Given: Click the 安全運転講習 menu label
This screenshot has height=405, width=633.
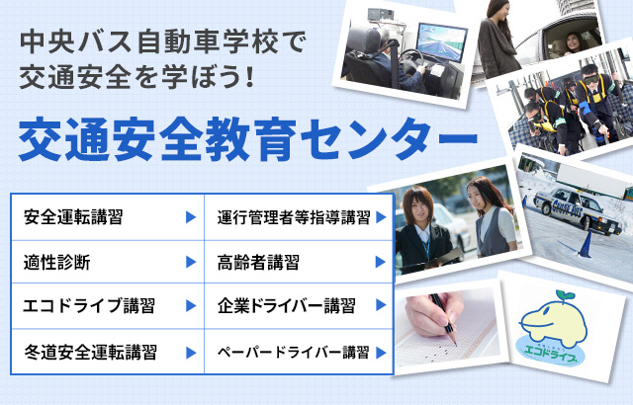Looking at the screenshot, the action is [x=73, y=217].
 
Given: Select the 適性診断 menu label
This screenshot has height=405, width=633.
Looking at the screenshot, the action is [x=57, y=263].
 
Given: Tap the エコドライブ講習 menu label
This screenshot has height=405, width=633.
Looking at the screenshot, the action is [x=89, y=305].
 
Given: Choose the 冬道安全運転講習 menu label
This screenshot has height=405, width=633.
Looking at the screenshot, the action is [x=90, y=353].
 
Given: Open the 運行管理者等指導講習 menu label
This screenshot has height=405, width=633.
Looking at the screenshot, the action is [x=294, y=217].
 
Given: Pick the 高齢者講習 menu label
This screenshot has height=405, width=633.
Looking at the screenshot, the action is [x=258, y=263].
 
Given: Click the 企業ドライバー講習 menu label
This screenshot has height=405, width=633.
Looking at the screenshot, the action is [x=287, y=305].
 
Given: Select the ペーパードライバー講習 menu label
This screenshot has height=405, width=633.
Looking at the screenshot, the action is [x=294, y=353].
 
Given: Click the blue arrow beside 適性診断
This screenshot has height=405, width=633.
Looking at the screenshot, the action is [x=191, y=262].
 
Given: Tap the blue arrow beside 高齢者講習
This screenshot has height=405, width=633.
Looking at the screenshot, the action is [x=381, y=262].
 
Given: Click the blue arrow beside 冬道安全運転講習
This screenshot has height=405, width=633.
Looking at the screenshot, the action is [x=191, y=353].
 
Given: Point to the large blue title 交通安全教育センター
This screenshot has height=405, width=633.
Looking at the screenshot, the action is [x=248, y=139].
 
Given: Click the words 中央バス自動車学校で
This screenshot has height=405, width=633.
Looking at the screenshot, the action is [x=163, y=42].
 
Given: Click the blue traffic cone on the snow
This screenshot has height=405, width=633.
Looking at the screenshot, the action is [x=585, y=245].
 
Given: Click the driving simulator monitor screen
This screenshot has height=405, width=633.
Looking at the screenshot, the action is [x=441, y=42].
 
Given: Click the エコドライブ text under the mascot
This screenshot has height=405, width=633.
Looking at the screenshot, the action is [x=549, y=355].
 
